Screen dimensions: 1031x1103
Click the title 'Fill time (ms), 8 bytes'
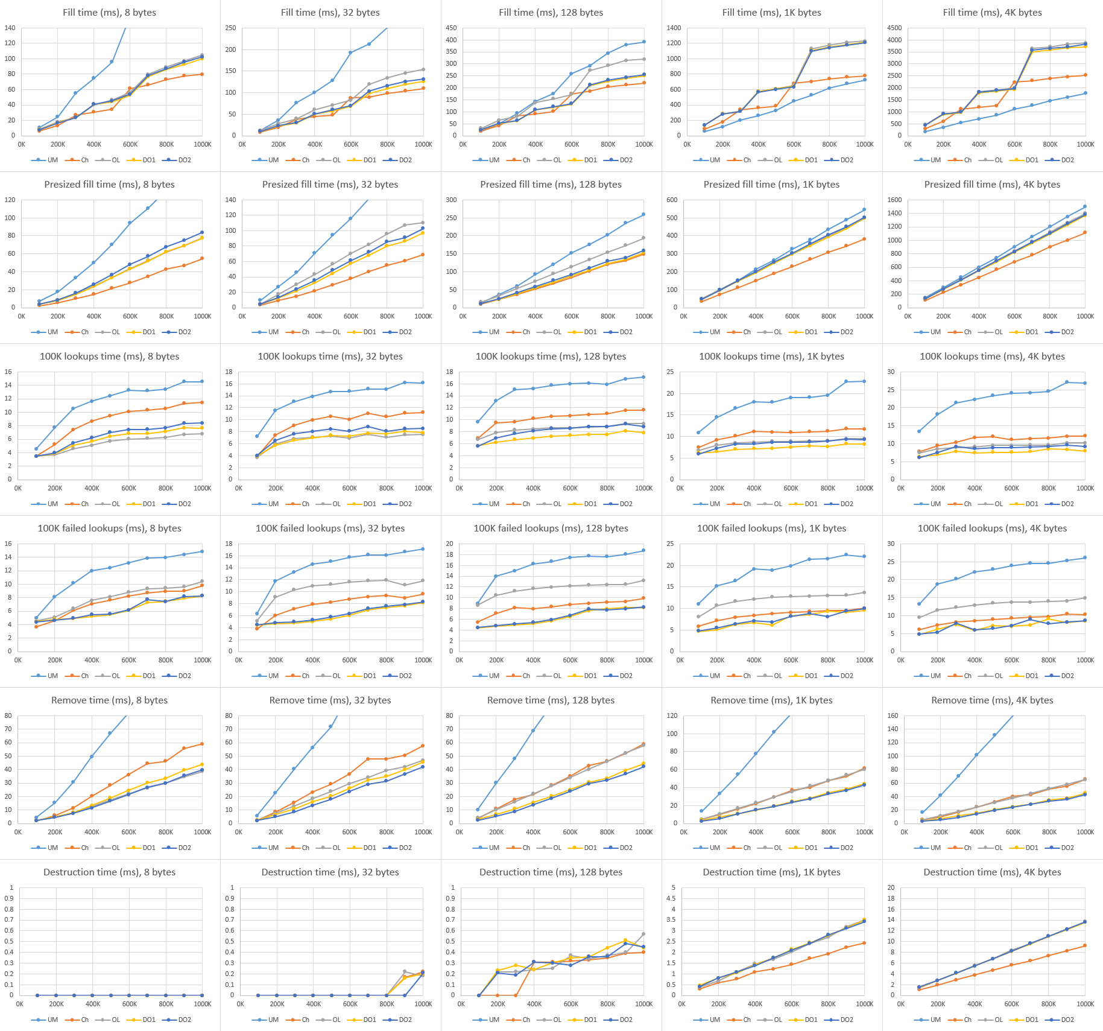point(109,13)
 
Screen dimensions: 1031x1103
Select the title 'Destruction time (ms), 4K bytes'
point(992,872)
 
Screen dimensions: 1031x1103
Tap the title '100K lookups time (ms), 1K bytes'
point(771,357)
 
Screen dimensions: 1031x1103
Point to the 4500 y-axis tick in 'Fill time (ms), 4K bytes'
point(894,28)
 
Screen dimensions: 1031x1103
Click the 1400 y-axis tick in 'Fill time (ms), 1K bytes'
point(674,28)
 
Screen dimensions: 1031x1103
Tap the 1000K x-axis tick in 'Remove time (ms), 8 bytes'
point(202,832)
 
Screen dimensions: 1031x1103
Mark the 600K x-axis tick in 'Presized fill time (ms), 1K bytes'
point(792,316)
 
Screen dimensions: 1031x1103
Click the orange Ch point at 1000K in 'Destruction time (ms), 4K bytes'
point(1086,945)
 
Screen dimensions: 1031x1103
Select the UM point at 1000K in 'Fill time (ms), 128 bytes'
point(644,42)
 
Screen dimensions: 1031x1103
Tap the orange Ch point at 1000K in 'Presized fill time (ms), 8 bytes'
point(202,258)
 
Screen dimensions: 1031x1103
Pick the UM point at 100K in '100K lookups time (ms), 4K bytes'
point(919,431)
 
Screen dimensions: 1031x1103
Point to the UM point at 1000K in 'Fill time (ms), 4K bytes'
point(1086,93)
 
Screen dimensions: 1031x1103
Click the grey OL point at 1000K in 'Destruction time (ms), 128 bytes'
point(643,934)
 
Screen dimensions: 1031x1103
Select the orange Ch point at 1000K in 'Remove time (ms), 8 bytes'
point(202,744)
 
